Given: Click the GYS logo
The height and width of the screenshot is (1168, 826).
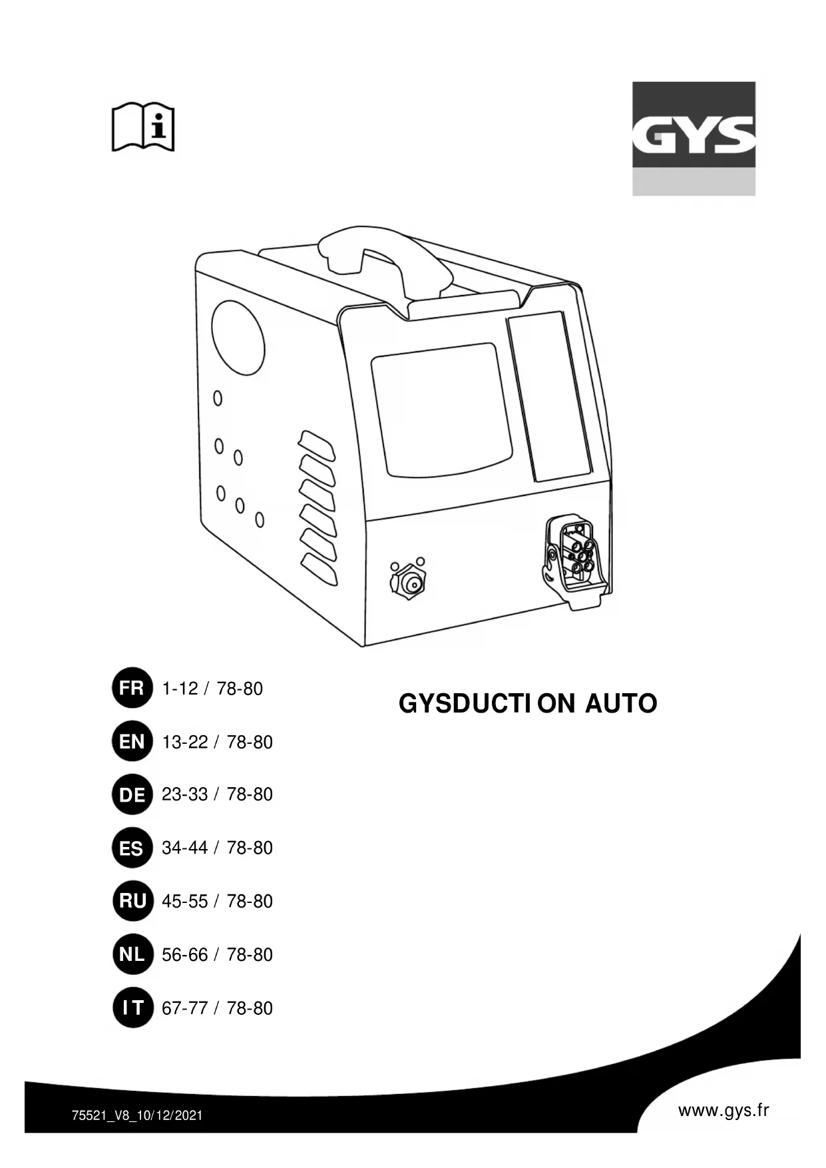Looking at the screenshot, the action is coord(694,138).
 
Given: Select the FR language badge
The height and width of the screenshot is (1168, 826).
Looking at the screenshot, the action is coord(132,688).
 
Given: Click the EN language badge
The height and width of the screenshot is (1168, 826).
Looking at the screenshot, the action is coord(132,741).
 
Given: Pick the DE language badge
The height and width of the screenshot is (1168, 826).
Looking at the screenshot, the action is coord(132,794).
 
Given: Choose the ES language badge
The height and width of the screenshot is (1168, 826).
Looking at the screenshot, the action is coord(132,848).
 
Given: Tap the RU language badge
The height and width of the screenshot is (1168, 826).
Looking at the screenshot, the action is coord(132,901).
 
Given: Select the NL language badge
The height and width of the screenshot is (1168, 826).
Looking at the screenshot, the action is coord(132,954).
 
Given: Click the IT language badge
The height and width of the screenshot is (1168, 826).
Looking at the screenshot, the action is coord(132,1008).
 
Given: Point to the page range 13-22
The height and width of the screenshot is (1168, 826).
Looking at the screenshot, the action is coord(185,742).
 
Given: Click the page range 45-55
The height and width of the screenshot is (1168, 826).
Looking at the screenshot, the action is coord(185,902).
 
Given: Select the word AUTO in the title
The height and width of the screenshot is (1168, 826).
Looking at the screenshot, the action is coord(621,704).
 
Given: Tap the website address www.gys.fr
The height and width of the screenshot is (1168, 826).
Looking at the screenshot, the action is coord(723,1110).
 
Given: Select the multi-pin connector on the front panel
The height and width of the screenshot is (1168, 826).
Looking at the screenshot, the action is coord(576,559).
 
